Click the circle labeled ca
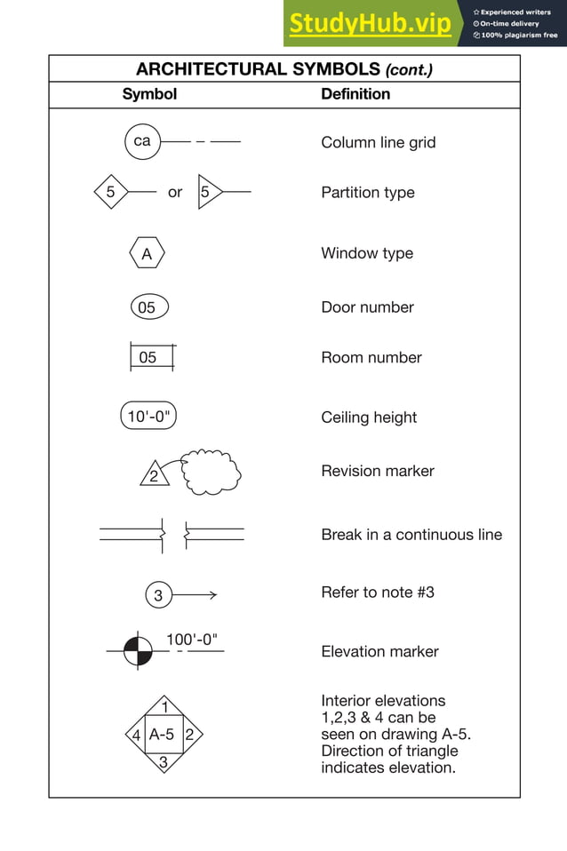[x=142, y=141]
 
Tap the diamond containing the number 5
[x=111, y=191]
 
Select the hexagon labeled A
[x=147, y=254]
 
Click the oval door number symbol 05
[x=148, y=307]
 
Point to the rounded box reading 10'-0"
[x=148, y=417]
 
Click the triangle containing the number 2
[x=155, y=475]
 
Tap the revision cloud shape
[x=212, y=473]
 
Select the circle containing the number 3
[x=158, y=595]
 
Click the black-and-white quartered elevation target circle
[x=137, y=651]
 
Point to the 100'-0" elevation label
[x=192, y=639]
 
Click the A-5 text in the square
[x=163, y=735]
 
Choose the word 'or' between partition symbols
[x=175, y=192]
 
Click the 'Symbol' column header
[x=149, y=94]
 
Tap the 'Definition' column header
[x=355, y=94]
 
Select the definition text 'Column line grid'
[x=378, y=142]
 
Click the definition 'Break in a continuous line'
[x=411, y=535]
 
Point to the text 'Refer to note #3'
[x=378, y=592]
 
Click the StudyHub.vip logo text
[x=370, y=24]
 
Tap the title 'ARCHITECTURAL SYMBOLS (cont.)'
[x=284, y=69]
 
